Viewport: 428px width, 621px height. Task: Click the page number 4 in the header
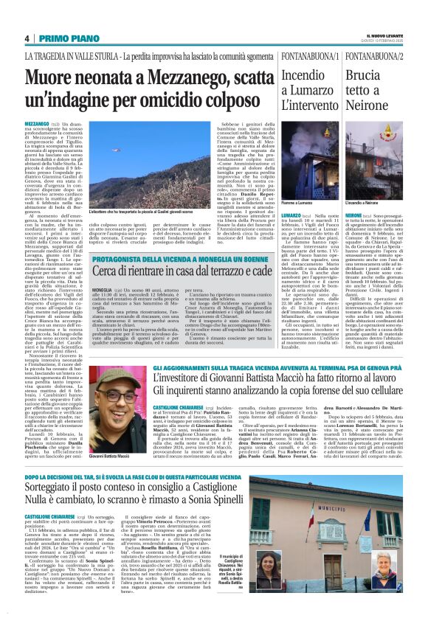pos(27,38)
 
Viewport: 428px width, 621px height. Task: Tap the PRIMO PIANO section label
pos(63,38)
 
